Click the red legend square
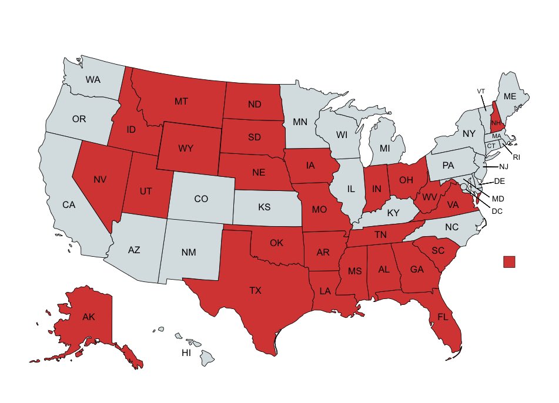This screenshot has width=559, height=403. [x=510, y=261]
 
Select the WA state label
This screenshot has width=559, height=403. [x=93, y=79]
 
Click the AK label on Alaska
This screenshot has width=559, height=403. [x=88, y=317]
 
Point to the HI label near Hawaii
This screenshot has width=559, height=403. [x=186, y=353]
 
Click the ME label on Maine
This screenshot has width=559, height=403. [x=510, y=96]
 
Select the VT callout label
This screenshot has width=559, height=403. [x=481, y=91]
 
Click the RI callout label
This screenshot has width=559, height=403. [x=517, y=157]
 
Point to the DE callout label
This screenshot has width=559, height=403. [x=500, y=182]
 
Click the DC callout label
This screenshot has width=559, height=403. [x=497, y=211]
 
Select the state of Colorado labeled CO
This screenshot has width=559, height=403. [x=201, y=199]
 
